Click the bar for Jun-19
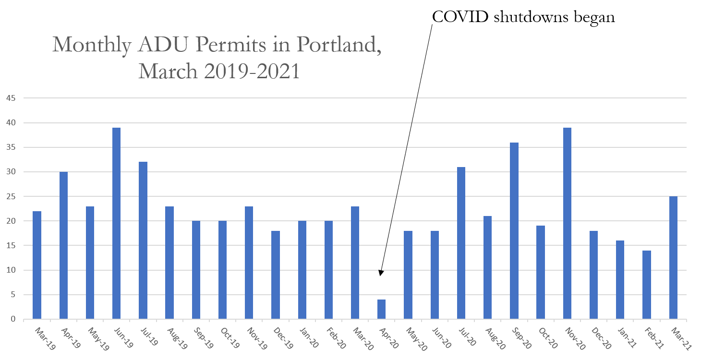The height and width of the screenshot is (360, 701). click(116, 223)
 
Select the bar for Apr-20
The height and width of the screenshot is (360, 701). click(381, 309)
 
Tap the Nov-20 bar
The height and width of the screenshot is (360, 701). click(567, 223)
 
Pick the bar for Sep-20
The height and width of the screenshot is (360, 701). click(514, 230)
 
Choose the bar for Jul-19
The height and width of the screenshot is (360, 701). click(143, 240)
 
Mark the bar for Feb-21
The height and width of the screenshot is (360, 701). click(647, 285)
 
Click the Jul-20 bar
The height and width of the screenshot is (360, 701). click(461, 243)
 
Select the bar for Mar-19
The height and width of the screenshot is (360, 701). click(37, 265)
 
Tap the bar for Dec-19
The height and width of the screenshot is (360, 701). click(276, 275)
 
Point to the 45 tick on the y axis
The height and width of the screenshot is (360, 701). click(11, 98)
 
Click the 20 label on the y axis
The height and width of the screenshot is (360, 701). click(11, 221)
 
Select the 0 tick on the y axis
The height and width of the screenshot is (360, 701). click(13, 319)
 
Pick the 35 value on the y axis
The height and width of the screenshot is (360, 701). click(11, 147)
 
